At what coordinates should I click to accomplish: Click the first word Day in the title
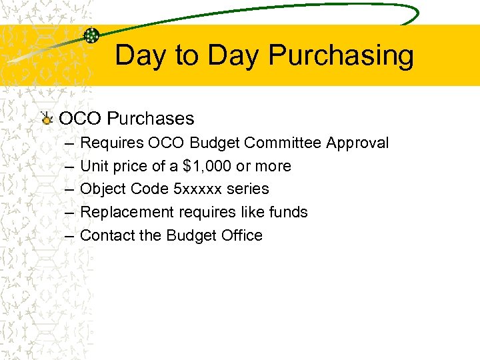click(141, 56)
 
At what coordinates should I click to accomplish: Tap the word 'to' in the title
click(188, 56)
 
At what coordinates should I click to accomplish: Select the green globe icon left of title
click(92, 36)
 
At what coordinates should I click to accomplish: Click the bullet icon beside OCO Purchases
click(46, 119)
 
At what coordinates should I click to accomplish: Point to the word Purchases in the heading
click(151, 119)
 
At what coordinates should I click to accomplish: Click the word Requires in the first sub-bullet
click(111, 143)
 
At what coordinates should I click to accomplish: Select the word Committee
click(284, 143)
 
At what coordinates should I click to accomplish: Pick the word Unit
click(93, 166)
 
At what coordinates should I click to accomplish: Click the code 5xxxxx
click(197, 189)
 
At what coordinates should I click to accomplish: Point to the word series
click(247, 189)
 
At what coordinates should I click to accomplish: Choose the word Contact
click(107, 235)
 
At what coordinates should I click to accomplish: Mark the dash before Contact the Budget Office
click(70, 235)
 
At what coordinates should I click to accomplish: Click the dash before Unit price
click(70, 166)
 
